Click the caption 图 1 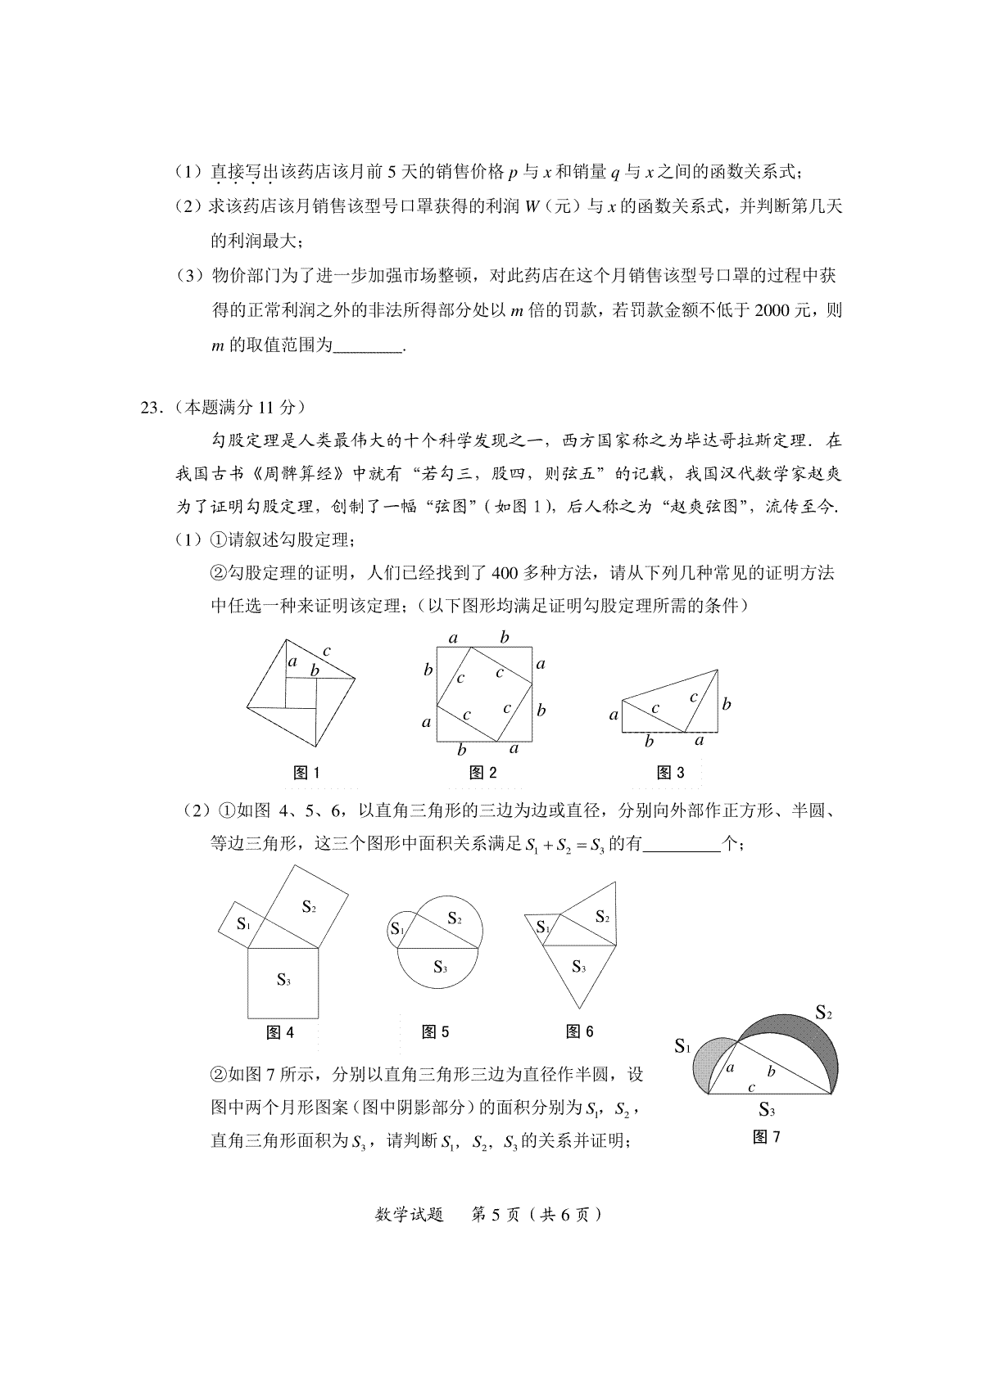[306, 772]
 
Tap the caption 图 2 [482, 772]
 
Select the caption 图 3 [670, 772]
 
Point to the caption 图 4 [280, 1032]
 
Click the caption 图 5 [435, 1032]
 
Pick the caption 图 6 [579, 1031]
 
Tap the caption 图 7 [766, 1137]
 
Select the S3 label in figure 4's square [283, 980]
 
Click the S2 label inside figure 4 [309, 905]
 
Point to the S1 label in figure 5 [397, 929]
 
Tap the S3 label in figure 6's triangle [578, 968]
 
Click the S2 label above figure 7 [823, 1013]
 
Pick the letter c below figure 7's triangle [752, 1087]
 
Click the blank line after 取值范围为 [369, 345]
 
